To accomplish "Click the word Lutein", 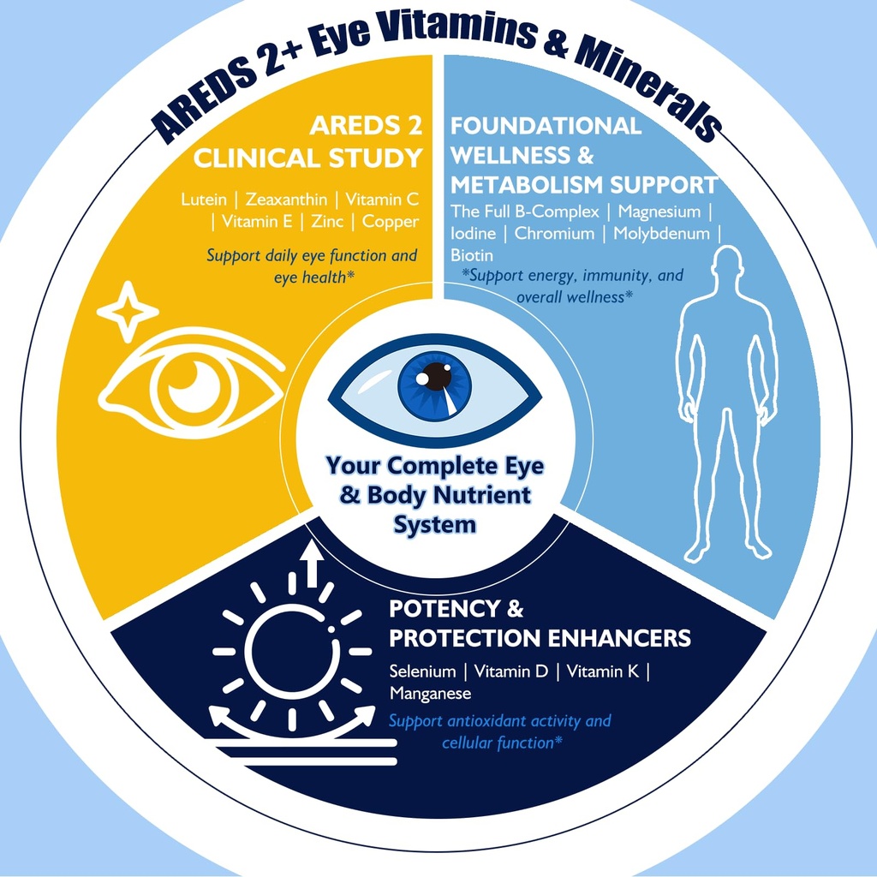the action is (x=204, y=199).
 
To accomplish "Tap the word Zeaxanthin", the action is (x=286, y=199).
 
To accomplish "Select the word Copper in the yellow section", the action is (x=391, y=222).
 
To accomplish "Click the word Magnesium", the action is (x=659, y=212).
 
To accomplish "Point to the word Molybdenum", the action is (x=662, y=233).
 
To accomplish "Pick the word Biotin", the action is (x=472, y=255).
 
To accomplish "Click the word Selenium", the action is (x=422, y=671).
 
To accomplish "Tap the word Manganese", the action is (x=430, y=694).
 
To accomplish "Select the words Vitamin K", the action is (x=602, y=671).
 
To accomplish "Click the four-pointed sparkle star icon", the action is (x=128, y=312).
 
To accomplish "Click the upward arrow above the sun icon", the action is (x=312, y=564).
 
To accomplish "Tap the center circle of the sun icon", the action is (x=292, y=652).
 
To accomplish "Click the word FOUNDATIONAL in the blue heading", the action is (x=546, y=125).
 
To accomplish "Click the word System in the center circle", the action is (x=435, y=525).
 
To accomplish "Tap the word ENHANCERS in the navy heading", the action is (x=619, y=637).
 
